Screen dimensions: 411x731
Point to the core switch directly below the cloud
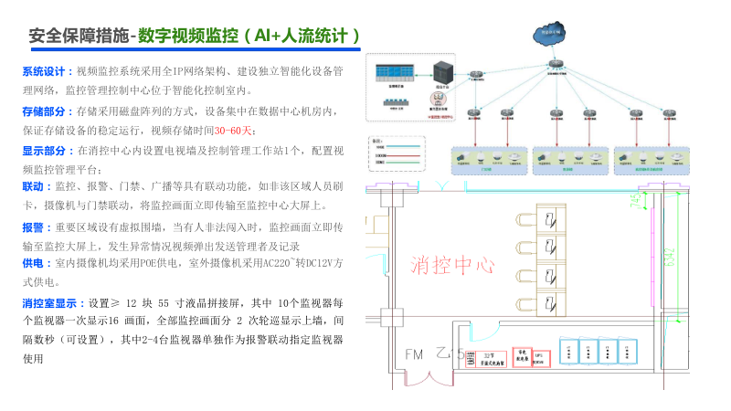pos(555,66)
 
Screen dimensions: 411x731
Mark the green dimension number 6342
pos(670,260)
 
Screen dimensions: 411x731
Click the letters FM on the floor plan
pos(414,354)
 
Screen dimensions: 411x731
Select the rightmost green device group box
pos(651,160)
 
